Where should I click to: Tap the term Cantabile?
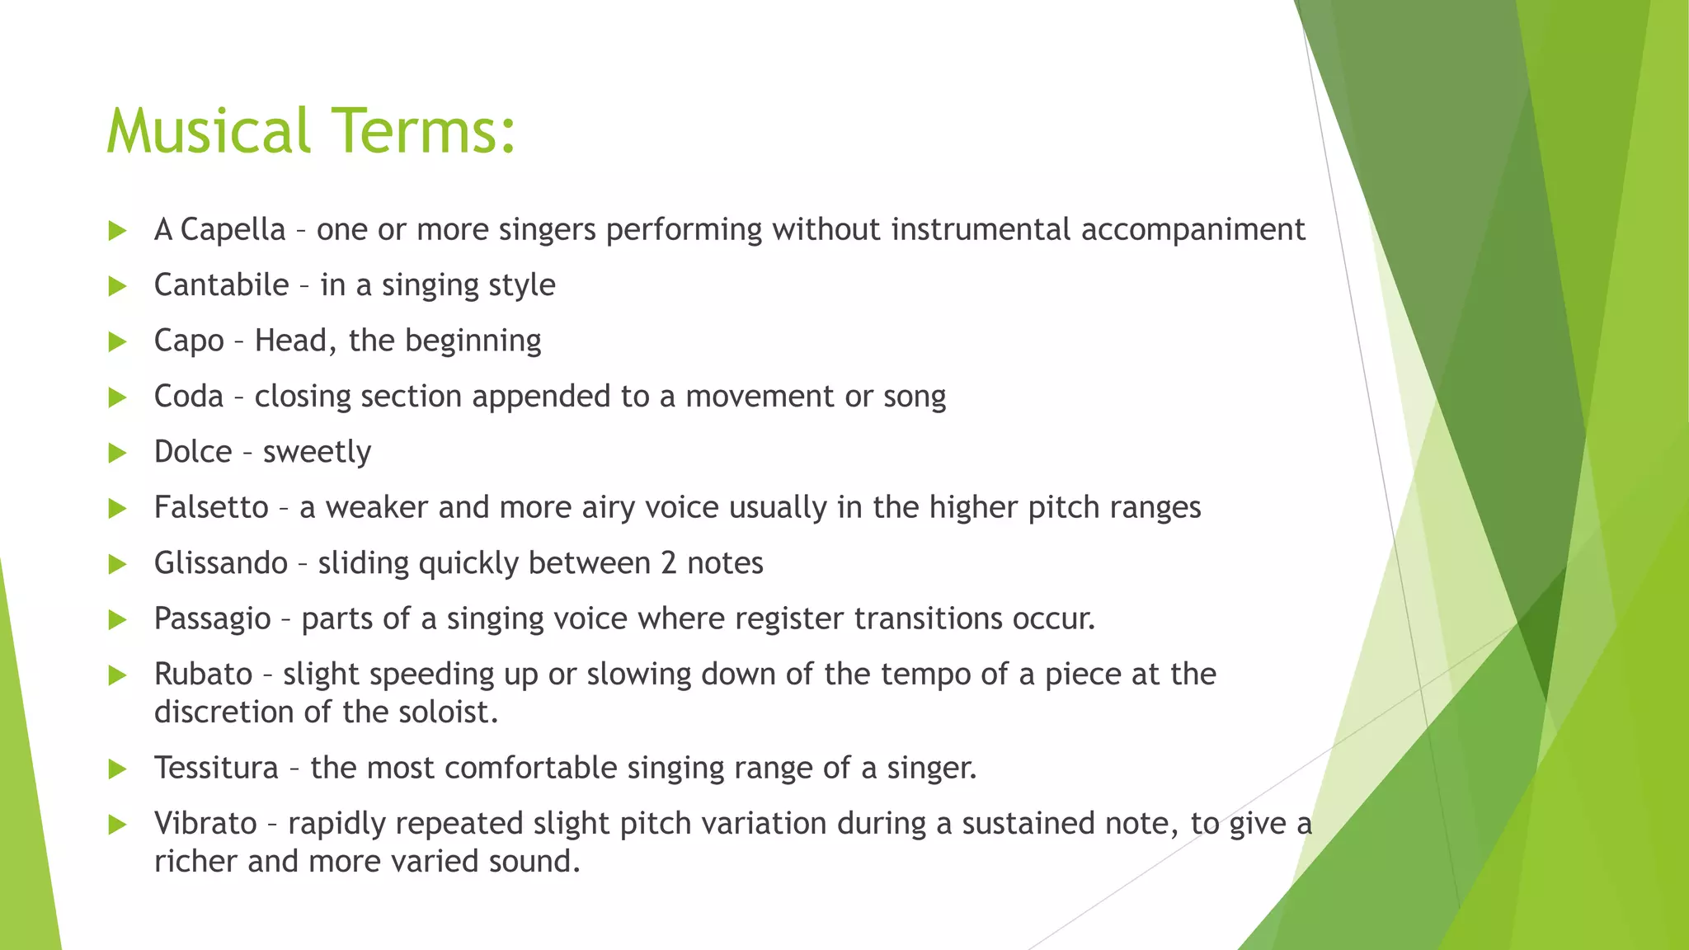[221, 285]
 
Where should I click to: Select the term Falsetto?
[211, 507]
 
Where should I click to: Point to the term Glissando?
[221, 563]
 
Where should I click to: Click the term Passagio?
[212, 619]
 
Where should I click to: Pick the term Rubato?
[203, 675]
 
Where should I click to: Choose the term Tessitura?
[216, 768]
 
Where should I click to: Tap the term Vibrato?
[205, 824]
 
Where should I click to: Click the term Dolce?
[193, 452]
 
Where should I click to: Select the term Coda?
[189, 397]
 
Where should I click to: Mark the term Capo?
[189, 341]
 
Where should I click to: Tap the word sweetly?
[317, 453]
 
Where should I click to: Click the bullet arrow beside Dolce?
[118, 453]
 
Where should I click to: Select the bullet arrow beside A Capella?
[118, 231]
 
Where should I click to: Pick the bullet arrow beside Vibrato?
[118, 825]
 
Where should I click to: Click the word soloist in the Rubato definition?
[445, 712]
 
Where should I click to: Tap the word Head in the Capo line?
[290, 341]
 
